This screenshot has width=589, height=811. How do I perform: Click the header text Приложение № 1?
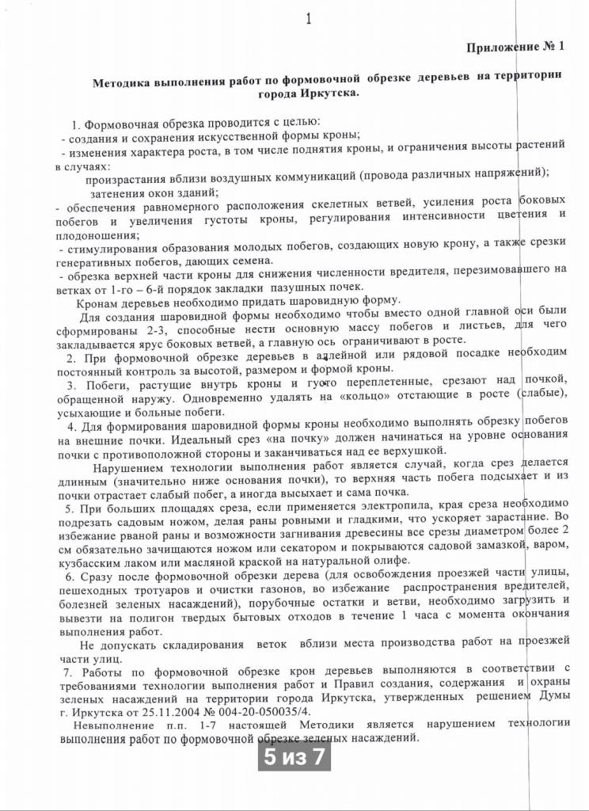(x=515, y=47)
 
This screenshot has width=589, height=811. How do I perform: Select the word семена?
(x=250, y=261)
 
